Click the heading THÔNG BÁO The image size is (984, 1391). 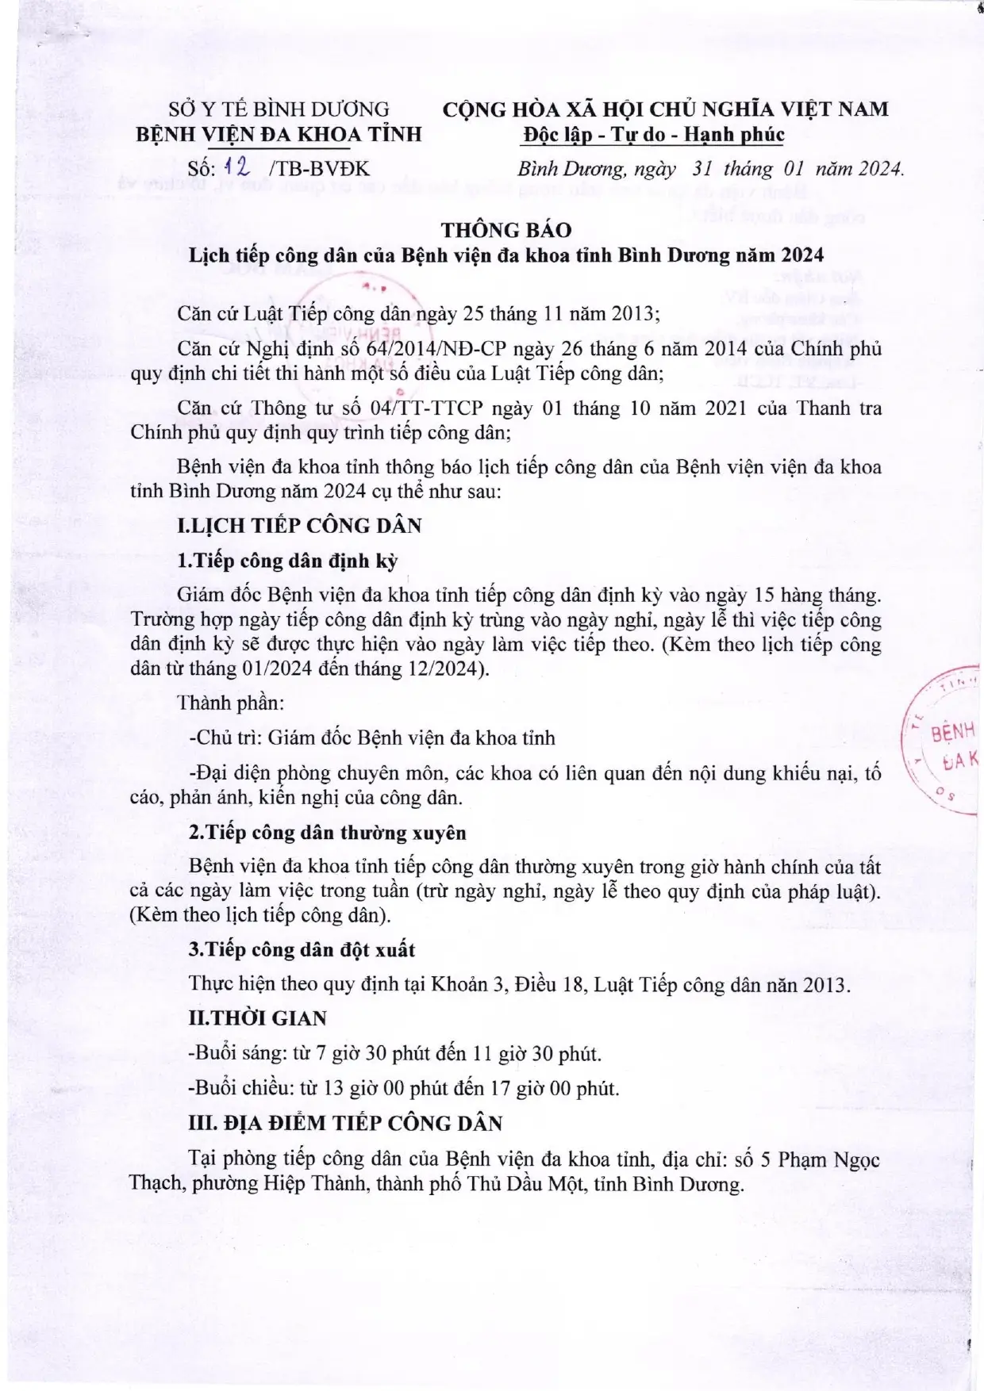[x=506, y=230]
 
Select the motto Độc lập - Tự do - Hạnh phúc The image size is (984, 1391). [x=653, y=135]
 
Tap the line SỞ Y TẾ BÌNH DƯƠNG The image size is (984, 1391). [x=279, y=109]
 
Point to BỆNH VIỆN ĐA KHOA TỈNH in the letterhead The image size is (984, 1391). [x=279, y=134]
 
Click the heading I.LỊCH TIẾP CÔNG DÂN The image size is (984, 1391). [x=299, y=526]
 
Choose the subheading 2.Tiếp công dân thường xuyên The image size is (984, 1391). [x=327, y=833]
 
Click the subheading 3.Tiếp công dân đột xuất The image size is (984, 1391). [x=302, y=949]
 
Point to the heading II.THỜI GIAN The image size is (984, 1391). [x=252, y=1018]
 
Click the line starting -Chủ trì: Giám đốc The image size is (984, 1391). [x=371, y=738]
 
